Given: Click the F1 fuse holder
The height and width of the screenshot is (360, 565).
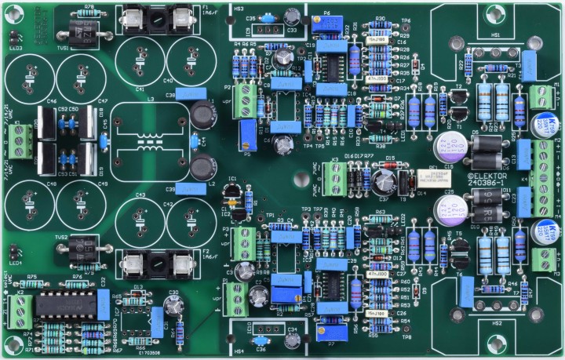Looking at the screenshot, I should [x=160, y=19].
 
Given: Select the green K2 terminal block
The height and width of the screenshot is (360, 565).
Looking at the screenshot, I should [x=21, y=311].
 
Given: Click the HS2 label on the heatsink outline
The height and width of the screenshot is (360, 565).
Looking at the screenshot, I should [x=496, y=322].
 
